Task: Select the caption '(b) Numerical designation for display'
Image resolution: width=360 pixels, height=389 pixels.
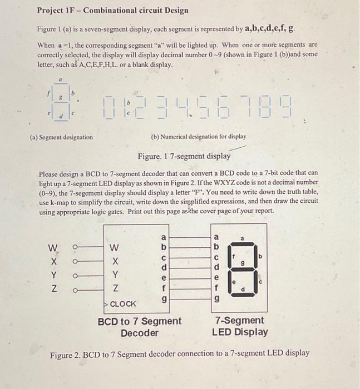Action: [198, 137]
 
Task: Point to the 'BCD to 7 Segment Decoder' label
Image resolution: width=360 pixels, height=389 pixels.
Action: [139, 327]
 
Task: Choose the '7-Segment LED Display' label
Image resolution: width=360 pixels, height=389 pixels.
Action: [239, 327]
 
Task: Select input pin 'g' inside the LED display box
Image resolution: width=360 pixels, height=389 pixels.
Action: [217, 299]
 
